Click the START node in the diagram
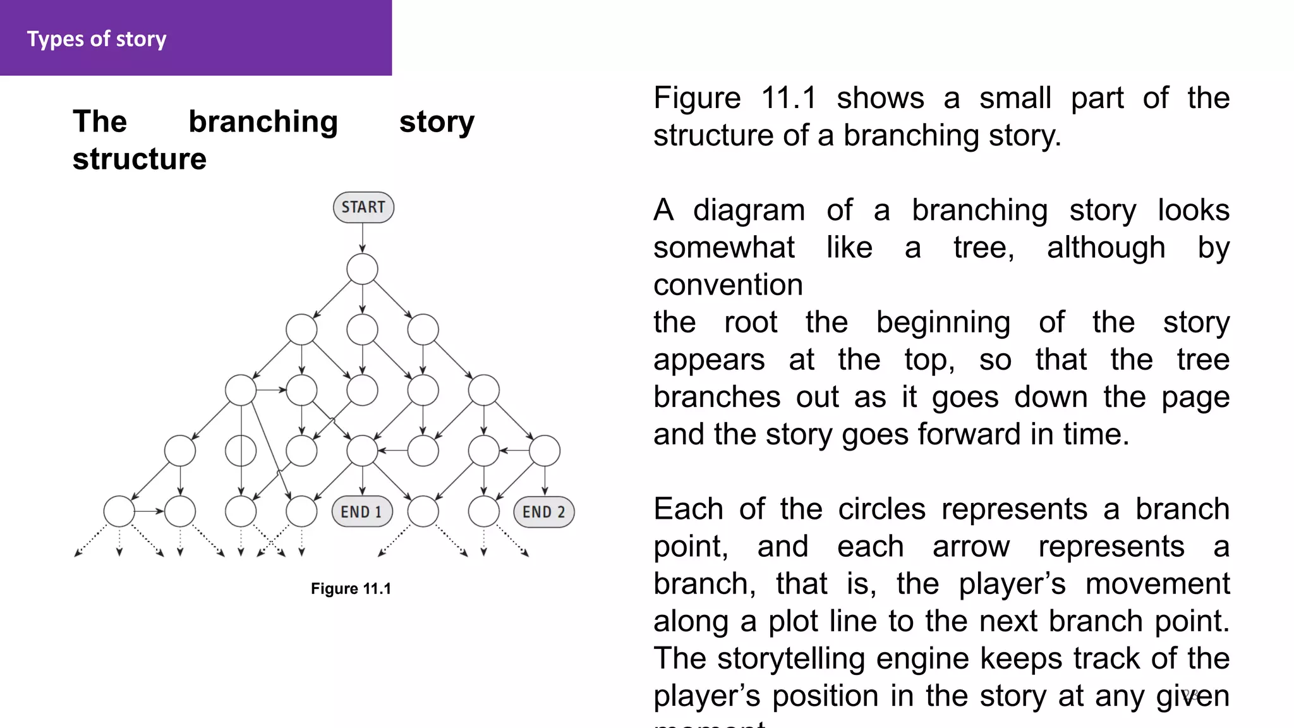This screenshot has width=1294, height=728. pyautogui.click(x=363, y=207)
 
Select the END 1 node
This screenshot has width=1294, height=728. pyautogui.click(x=362, y=512)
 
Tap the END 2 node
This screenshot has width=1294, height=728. pyautogui.click(x=544, y=512)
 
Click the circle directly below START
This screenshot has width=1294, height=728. pyautogui.click(x=363, y=269)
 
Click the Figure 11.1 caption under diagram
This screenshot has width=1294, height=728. pyautogui.click(x=351, y=589)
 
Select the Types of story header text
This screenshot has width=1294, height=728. pyautogui.click(x=97, y=39)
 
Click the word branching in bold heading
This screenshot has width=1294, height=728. pyautogui.click(x=263, y=121)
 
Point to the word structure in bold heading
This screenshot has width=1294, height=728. pyautogui.click(x=140, y=159)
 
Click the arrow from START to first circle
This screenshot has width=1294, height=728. pyautogui.click(x=363, y=238)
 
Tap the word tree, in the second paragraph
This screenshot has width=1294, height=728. pyautogui.click(x=984, y=248)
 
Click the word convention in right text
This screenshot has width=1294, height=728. pyautogui.click(x=728, y=285)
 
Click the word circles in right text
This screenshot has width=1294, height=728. pyautogui.click(x=882, y=509)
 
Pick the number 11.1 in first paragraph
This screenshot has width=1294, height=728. pyautogui.click(x=789, y=99)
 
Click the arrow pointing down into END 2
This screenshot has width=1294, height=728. pyautogui.click(x=545, y=482)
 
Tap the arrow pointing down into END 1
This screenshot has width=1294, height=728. pyautogui.click(x=363, y=482)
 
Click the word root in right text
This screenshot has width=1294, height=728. pyautogui.click(x=751, y=322)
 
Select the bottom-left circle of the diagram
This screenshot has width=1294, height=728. pyautogui.click(x=119, y=512)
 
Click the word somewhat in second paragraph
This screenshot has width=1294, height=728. pyautogui.click(x=724, y=248)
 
